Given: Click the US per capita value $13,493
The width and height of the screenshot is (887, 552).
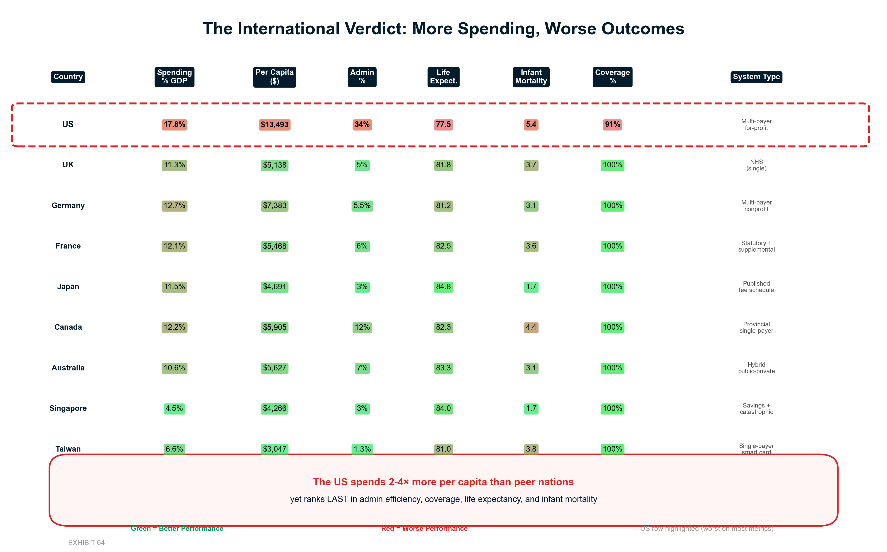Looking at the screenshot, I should [x=274, y=124].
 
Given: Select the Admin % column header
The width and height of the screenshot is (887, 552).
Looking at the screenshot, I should [x=362, y=77].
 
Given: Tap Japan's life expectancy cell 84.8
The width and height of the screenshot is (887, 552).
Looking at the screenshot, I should [x=443, y=286].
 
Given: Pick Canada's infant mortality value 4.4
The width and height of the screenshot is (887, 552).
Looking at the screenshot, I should [x=531, y=327].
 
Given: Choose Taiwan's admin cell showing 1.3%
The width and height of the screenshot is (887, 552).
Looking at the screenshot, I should [x=362, y=449].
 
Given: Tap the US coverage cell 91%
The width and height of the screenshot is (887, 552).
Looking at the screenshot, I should [x=612, y=124].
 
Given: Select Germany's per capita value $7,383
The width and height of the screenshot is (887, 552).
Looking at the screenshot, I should [x=274, y=206].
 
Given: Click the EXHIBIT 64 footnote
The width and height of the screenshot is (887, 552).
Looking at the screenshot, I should [x=86, y=543].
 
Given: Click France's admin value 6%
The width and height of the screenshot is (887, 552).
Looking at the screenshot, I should [x=362, y=246].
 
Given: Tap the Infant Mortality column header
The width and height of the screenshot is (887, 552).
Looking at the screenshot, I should [x=531, y=77].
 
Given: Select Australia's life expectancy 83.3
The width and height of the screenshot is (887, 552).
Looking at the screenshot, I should [x=443, y=368].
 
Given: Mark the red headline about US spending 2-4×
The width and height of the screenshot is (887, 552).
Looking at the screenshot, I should [x=443, y=482].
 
